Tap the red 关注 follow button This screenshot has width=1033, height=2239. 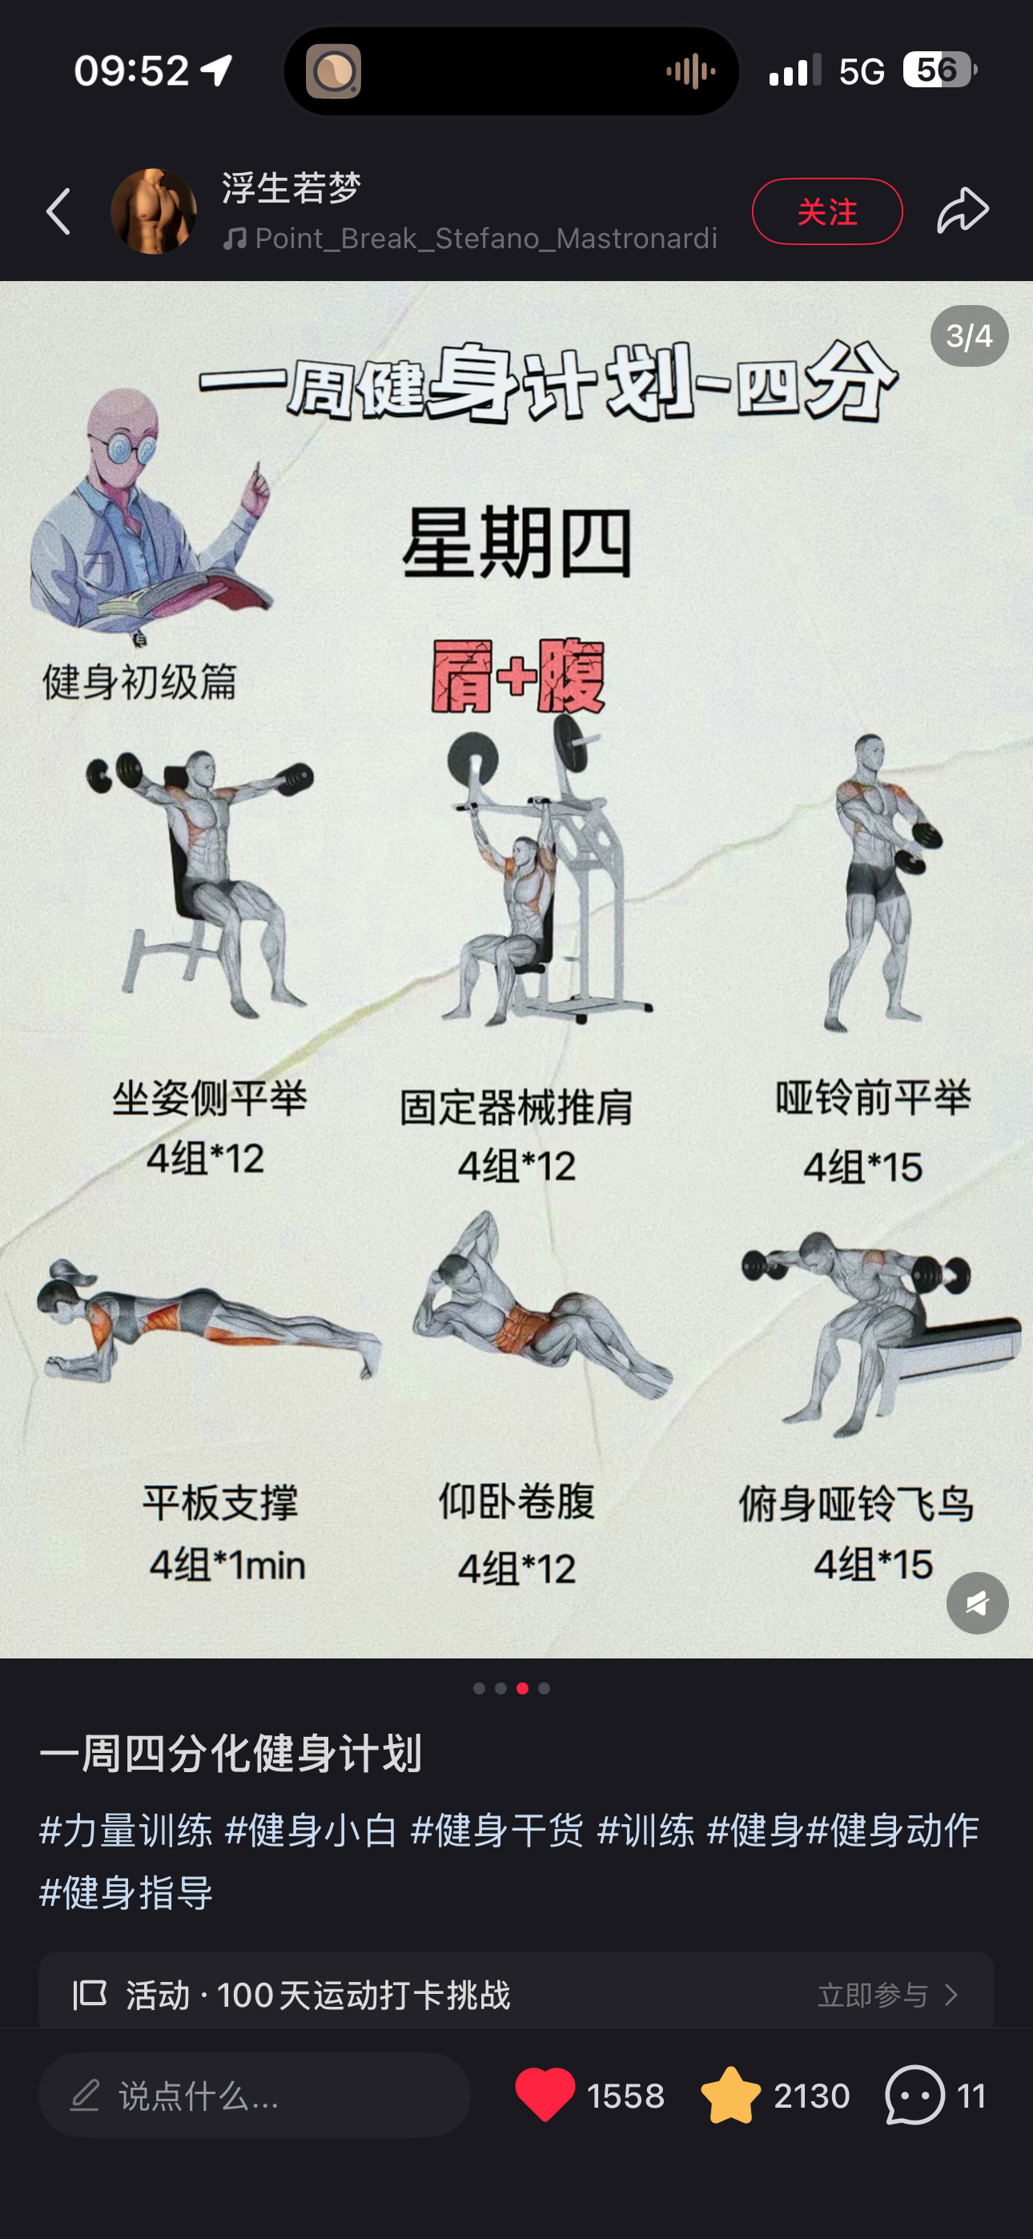827,211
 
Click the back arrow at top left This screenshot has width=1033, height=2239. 59,211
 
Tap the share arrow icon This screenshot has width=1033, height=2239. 963,211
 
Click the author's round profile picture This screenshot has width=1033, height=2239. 154,211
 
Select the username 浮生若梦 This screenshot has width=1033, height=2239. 291,187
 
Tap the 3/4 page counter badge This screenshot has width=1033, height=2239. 970,336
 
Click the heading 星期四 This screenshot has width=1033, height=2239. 516,543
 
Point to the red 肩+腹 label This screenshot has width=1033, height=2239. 518,676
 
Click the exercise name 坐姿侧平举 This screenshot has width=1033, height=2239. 209,1099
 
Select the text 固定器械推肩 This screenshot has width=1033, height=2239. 516,1107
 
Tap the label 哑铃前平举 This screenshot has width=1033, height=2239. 873,1098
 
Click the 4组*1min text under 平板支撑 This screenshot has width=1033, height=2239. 227,1565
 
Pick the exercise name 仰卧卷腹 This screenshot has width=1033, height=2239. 516,1501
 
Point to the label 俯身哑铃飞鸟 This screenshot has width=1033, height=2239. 857,1504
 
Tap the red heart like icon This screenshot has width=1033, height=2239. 545,2095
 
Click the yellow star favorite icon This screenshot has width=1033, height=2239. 730,2095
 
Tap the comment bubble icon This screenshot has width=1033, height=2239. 914,2095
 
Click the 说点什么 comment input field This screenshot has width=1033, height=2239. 255,2095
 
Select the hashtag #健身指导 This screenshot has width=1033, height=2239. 126,1892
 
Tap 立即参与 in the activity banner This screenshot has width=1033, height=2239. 873,1995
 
